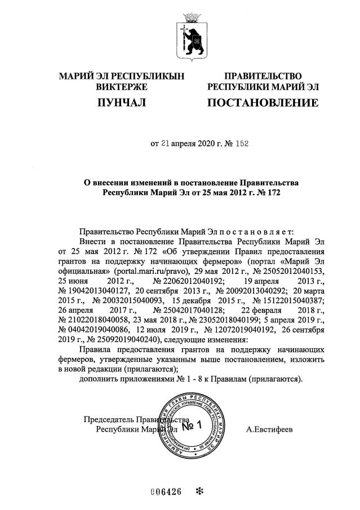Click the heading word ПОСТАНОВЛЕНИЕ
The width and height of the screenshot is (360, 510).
[x=263, y=103]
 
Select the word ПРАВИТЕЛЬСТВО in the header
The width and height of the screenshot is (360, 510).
[x=263, y=76]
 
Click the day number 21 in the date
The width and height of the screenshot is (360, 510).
[x=166, y=143]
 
